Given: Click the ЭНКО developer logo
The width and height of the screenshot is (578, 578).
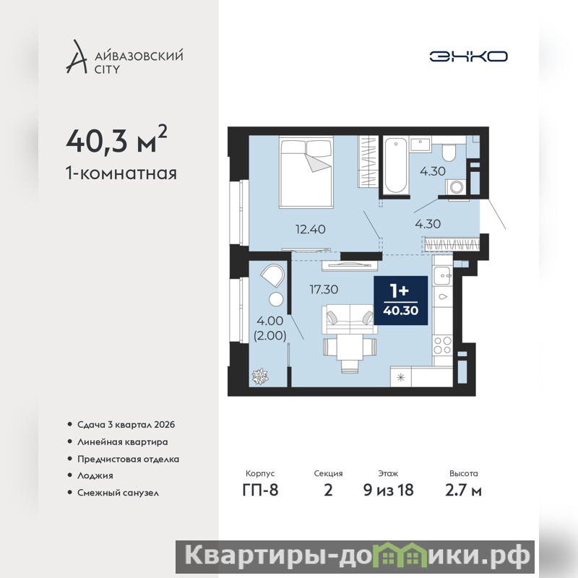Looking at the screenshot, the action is tap(468, 56).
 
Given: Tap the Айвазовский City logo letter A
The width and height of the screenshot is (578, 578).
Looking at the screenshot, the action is tap(77, 57).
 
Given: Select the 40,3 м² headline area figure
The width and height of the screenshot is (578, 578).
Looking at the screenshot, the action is tap(116, 139).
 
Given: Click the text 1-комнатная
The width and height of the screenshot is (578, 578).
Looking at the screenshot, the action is tap(121, 173).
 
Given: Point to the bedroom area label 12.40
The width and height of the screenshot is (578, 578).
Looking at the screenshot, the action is tap(311, 229).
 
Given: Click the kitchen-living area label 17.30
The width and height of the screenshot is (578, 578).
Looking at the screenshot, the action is tap(324, 290).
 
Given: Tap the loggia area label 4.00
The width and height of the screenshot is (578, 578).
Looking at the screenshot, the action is tap(269, 321).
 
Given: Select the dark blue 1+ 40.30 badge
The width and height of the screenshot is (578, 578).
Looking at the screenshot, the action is tap(401, 301).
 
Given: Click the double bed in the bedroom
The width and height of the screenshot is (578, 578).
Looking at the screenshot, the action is tap(306, 172).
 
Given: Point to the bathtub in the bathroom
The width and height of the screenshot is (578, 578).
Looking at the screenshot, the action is tap(395, 165).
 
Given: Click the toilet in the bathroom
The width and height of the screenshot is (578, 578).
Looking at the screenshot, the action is tap(449, 152).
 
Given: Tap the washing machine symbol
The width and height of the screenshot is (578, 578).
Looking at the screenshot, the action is tap(457, 187).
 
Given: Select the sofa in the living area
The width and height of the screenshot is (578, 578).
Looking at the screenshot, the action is tap(350, 319).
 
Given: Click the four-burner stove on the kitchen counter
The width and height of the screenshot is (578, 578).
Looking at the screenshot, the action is tap(442, 345).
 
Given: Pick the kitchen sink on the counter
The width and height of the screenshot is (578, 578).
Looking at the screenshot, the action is tap(442, 275).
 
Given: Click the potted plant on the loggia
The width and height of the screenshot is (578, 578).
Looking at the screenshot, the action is tap(260, 376).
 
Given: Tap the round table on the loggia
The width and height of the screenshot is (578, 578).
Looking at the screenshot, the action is tap(276, 299).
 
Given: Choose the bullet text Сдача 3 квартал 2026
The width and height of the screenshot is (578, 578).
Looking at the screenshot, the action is tap(126, 425).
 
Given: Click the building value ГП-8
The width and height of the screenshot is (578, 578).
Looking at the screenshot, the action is tap(260, 491).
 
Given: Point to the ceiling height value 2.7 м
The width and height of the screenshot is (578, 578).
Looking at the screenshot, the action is tap(463, 491).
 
